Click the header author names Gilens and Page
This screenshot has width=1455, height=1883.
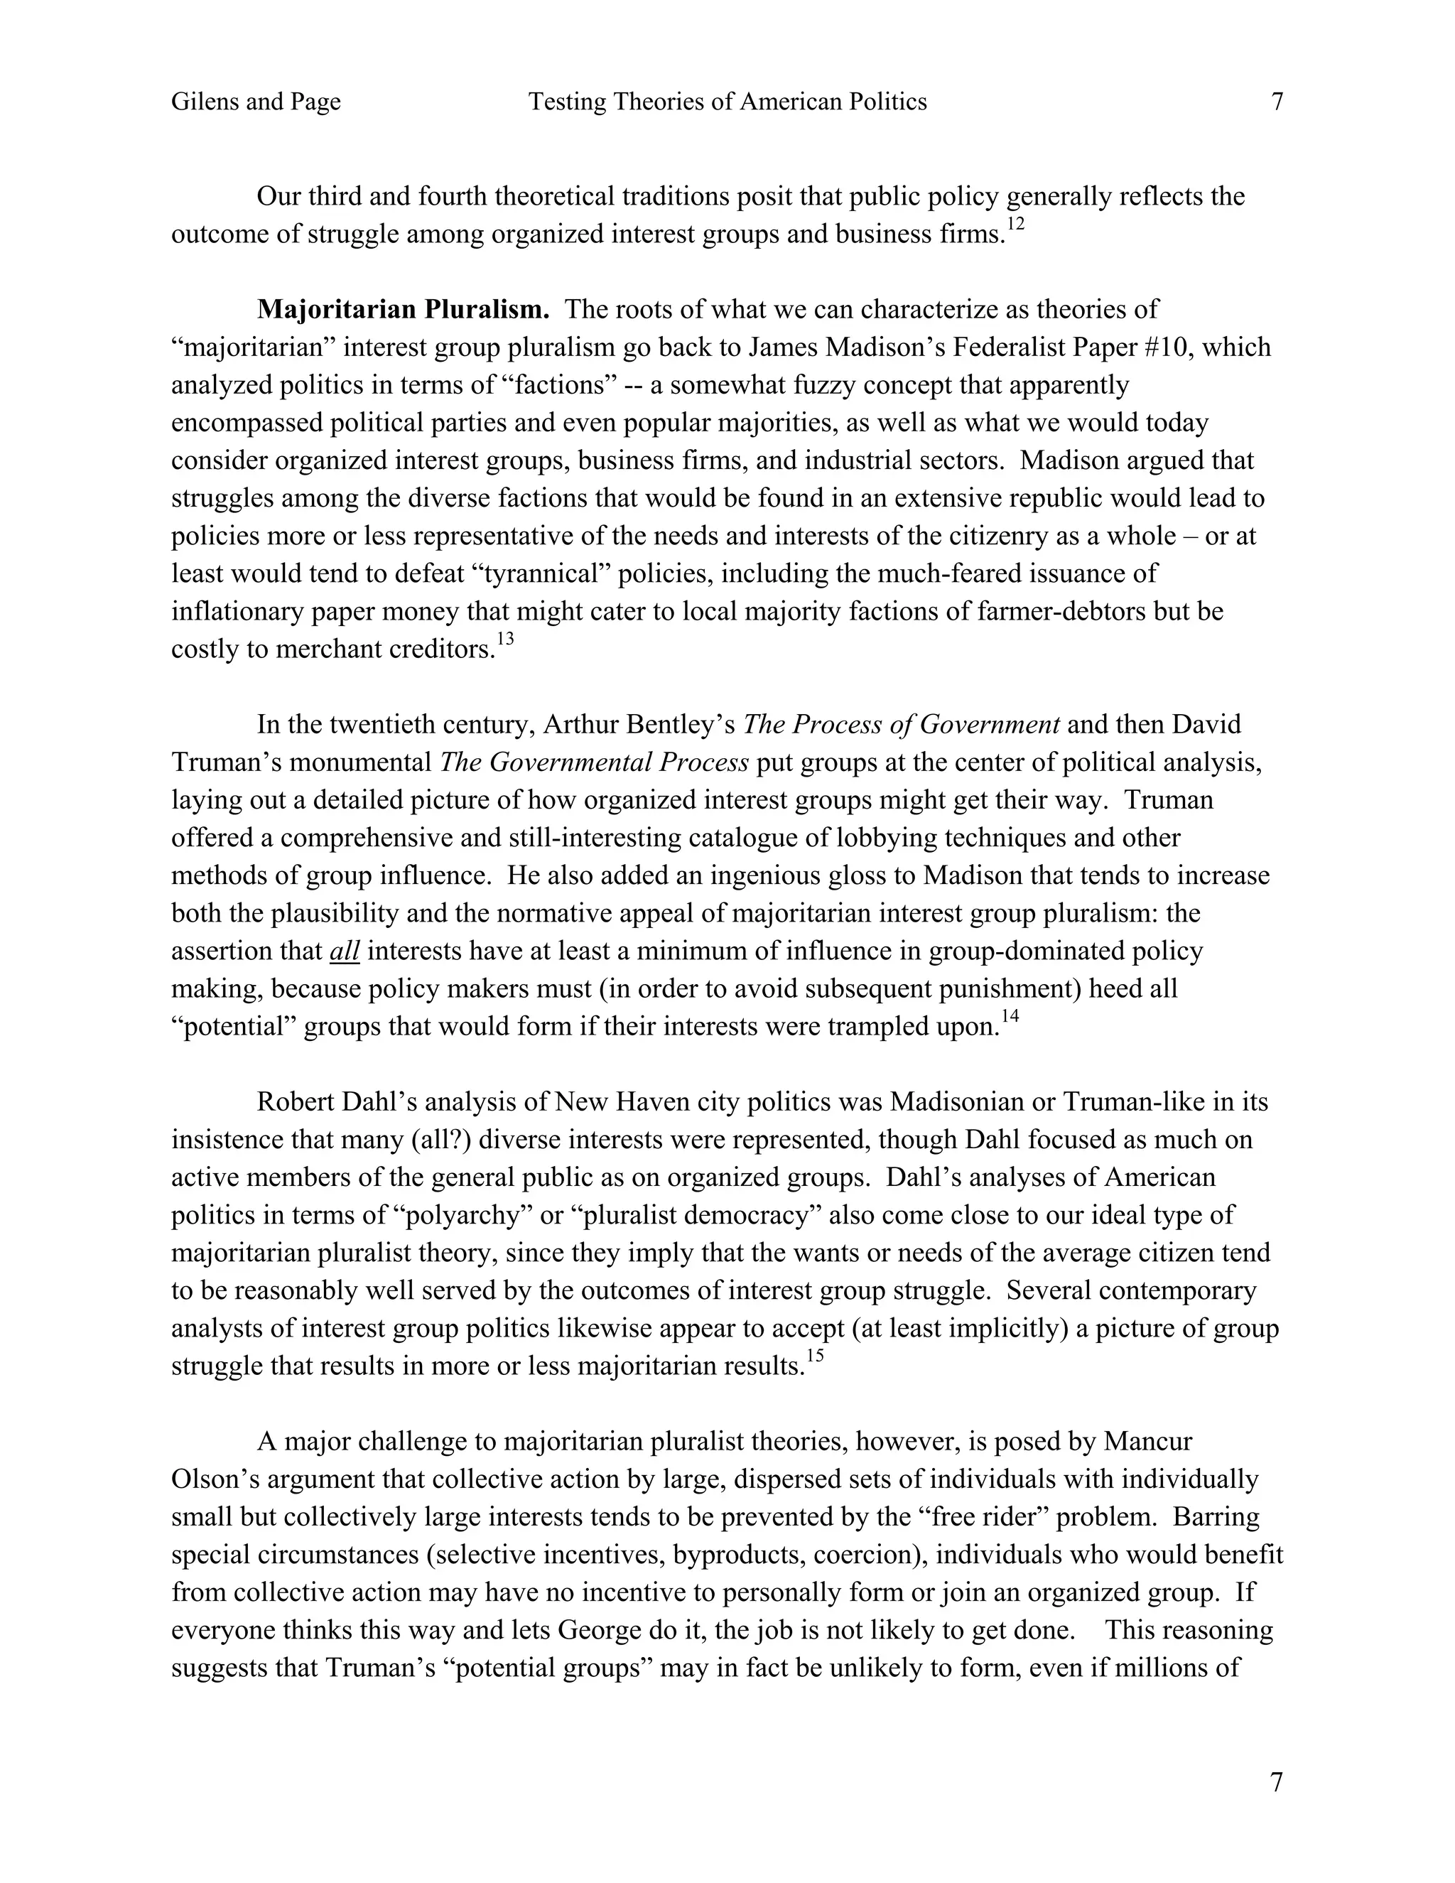point(256,102)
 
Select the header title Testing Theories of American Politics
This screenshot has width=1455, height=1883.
point(727,102)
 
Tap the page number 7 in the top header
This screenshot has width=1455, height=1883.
point(1277,102)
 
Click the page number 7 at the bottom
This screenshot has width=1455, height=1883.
point(1277,1781)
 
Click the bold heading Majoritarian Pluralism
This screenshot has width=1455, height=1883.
point(403,308)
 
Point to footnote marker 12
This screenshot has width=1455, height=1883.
point(1015,224)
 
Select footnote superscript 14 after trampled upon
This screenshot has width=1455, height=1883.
point(1010,1017)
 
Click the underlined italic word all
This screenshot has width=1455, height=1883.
point(344,951)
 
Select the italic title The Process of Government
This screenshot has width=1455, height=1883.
point(901,724)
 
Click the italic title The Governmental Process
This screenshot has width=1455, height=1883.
point(594,762)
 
